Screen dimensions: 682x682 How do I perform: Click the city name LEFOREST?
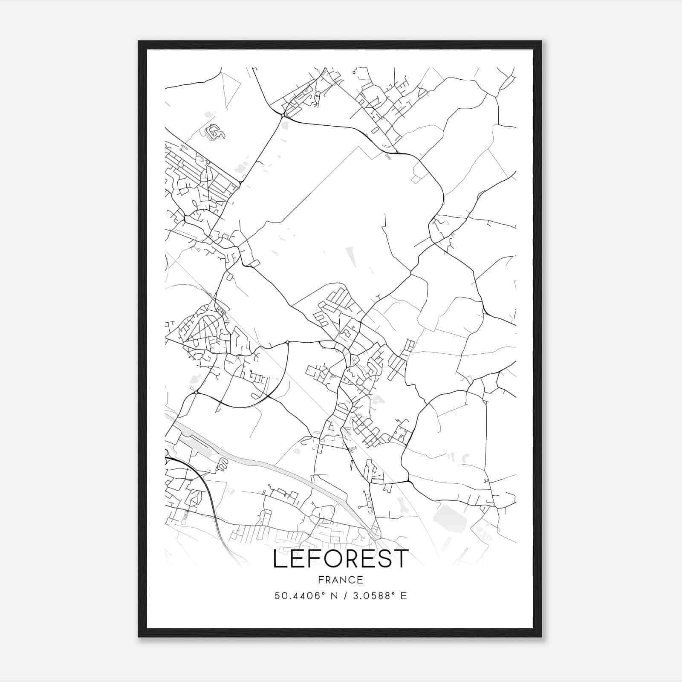click(x=341, y=559)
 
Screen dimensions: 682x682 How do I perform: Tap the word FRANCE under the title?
click(x=341, y=580)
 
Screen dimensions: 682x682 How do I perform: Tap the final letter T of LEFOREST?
click(x=401, y=559)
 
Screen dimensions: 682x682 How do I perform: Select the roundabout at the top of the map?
click(x=283, y=115)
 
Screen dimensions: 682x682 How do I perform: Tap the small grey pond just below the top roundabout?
click(x=285, y=125)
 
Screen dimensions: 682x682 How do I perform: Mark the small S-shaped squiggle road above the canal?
click(x=222, y=465)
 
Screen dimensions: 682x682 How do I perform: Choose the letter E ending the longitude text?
click(x=403, y=595)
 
